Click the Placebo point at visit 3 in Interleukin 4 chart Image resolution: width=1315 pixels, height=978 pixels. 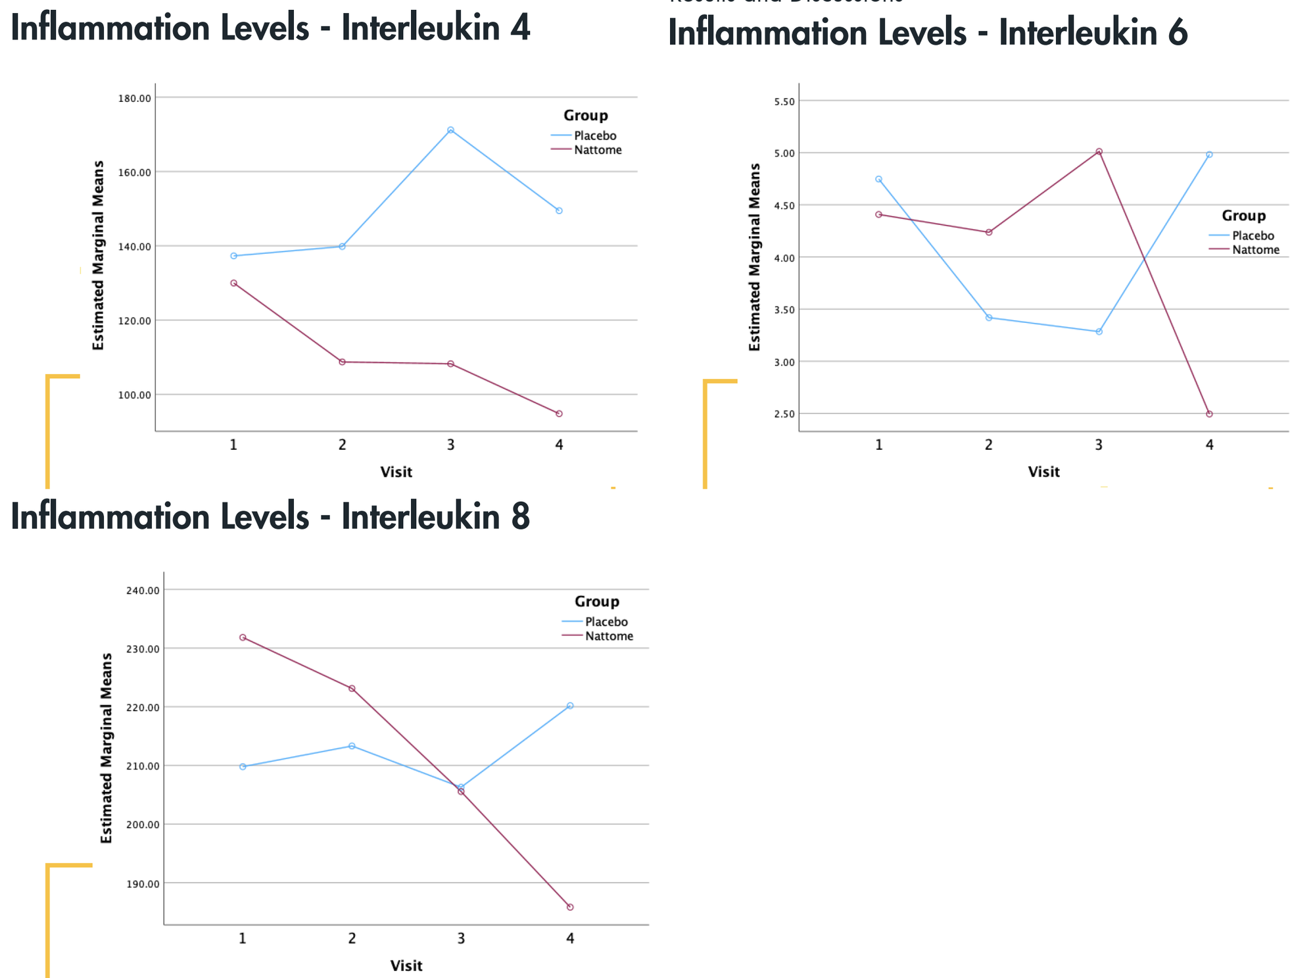450,130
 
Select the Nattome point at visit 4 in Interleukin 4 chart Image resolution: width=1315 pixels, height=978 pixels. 559,414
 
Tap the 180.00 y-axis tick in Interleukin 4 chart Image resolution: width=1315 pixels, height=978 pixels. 135,98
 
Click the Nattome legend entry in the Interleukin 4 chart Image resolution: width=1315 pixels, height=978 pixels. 597,150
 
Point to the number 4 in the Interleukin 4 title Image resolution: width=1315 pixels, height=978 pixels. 520,28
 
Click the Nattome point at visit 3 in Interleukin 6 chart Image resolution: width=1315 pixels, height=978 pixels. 1099,151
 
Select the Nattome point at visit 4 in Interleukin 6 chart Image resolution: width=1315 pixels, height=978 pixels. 1209,414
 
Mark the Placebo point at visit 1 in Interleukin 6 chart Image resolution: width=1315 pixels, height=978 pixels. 878,179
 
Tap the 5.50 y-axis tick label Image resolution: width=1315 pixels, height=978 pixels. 784,101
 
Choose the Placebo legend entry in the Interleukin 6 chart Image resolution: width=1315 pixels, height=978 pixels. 1253,235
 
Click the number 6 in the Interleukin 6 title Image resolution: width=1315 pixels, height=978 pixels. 1178,33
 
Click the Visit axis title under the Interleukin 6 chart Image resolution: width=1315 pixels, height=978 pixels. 1043,472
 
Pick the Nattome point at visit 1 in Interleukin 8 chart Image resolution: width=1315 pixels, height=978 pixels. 243,637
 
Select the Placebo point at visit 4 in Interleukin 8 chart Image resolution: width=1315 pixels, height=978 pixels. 570,706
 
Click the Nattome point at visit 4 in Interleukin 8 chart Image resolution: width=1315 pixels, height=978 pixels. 570,907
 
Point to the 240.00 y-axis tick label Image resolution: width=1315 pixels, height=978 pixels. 142,590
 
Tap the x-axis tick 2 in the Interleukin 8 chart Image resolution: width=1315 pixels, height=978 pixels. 352,938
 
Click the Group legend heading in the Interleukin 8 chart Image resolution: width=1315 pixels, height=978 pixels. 596,601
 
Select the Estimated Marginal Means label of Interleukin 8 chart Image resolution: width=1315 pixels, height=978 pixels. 107,748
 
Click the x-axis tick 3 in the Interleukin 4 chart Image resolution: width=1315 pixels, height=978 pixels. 450,445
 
